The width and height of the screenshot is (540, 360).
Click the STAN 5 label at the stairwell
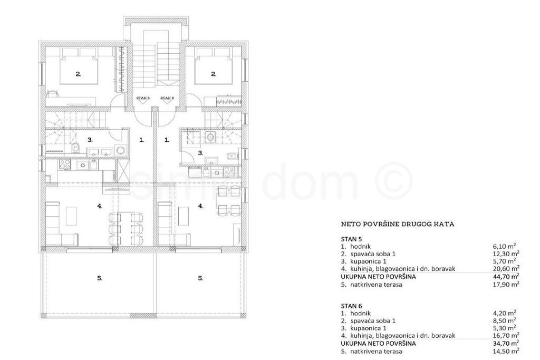143,98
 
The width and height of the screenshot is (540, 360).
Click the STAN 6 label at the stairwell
167,98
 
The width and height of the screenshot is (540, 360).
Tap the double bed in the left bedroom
79,70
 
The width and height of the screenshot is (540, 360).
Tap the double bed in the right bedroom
213,70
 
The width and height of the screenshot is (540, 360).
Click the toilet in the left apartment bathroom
76,148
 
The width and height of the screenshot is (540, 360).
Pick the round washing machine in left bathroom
121,150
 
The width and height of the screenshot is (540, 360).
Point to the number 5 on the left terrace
100,278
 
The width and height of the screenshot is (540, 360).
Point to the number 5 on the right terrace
200,278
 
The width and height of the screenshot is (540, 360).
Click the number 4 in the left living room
100,206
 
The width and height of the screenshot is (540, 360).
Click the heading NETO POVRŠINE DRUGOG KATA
398,224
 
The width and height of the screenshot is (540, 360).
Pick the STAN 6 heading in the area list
352,306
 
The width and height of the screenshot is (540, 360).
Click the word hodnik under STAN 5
361,247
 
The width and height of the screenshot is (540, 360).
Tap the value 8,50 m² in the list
507,321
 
